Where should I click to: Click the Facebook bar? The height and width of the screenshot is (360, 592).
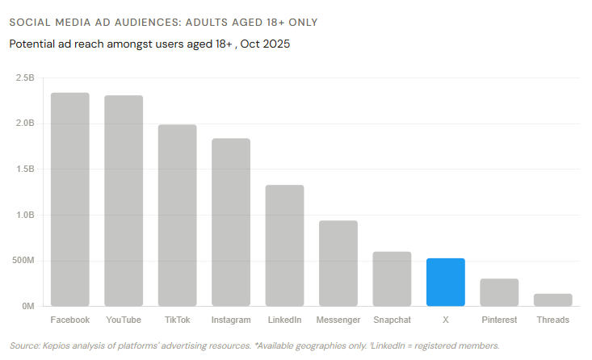[x=69, y=199]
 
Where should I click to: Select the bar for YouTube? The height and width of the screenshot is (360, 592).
[x=124, y=201]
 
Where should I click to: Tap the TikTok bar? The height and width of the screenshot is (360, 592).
[x=177, y=216]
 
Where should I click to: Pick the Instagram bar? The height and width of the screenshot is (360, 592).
[x=231, y=222]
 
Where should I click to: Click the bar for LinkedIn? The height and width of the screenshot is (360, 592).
[x=284, y=245]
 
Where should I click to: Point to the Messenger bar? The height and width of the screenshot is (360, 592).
[x=338, y=263]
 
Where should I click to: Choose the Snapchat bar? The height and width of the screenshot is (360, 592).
[x=392, y=278]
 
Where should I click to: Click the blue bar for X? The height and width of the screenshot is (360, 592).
[x=445, y=282]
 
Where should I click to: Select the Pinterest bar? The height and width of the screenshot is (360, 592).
[x=499, y=292]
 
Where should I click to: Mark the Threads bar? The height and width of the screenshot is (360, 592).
[x=552, y=299]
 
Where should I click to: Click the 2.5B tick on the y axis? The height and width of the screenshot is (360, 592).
[x=25, y=78]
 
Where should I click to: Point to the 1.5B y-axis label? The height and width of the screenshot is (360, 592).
[x=25, y=170]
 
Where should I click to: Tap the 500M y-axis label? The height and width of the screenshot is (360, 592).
[x=23, y=261]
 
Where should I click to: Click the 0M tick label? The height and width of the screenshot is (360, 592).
[x=27, y=307]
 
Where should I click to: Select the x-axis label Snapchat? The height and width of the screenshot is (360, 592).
[x=392, y=320]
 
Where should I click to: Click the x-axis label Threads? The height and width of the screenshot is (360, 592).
[x=552, y=320]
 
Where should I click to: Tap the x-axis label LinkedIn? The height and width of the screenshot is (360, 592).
[x=284, y=320]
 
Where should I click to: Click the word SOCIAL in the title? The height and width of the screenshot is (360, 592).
[x=29, y=22]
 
